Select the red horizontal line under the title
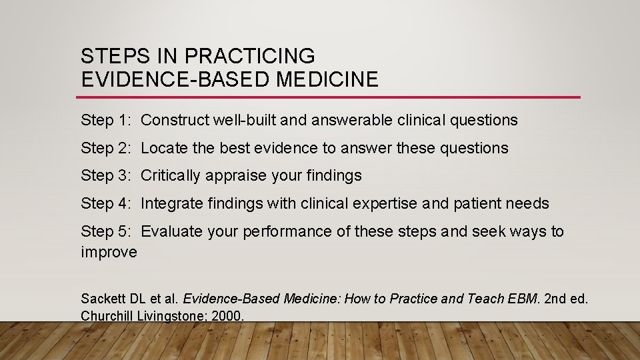330,97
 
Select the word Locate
164,148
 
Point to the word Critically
171,176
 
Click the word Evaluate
170,231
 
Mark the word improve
109,253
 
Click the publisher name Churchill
107,316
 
